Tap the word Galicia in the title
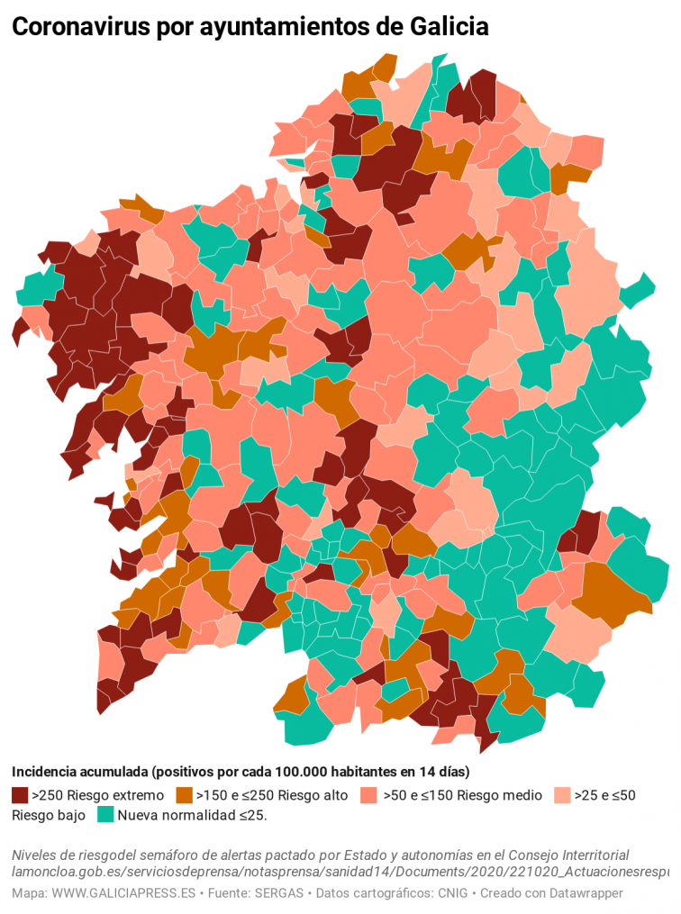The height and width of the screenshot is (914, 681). [445, 28]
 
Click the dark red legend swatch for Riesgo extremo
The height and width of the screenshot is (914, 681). [20, 795]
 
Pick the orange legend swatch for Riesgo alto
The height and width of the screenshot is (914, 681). [184, 795]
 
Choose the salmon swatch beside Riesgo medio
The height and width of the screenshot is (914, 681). [368, 795]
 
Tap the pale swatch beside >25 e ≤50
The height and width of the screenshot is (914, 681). [561, 795]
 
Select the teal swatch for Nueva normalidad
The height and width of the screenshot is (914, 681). [105, 815]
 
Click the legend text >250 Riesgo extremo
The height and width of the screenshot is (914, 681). [97, 795]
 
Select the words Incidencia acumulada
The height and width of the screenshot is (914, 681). [79, 773]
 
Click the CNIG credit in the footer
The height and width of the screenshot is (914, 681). [453, 893]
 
